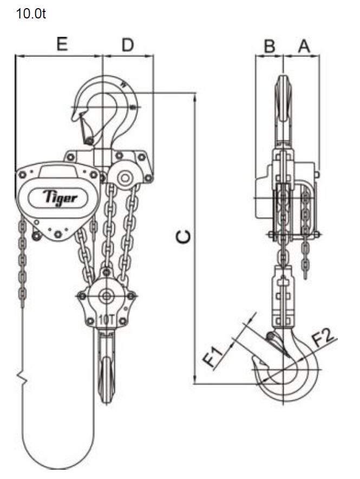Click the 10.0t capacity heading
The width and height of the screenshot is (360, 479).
(x=31, y=14)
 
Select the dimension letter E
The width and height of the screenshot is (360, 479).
(x=62, y=44)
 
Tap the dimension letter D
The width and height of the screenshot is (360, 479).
(x=128, y=45)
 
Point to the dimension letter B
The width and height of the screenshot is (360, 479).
(x=270, y=47)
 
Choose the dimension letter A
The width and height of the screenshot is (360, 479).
(x=304, y=47)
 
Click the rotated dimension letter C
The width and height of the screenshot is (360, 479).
(x=184, y=237)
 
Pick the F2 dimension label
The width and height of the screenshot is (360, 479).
(x=325, y=337)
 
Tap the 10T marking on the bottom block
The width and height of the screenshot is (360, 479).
(x=106, y=320)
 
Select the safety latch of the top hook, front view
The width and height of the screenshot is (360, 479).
(x=86, y=128)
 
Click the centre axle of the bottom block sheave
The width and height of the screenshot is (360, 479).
(x=106, y=296)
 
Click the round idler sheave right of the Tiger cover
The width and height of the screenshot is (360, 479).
(x=125, y=177)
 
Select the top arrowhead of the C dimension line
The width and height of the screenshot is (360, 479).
(x=194, y=97)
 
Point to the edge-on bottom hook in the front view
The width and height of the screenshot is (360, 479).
(x=106, y=367)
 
